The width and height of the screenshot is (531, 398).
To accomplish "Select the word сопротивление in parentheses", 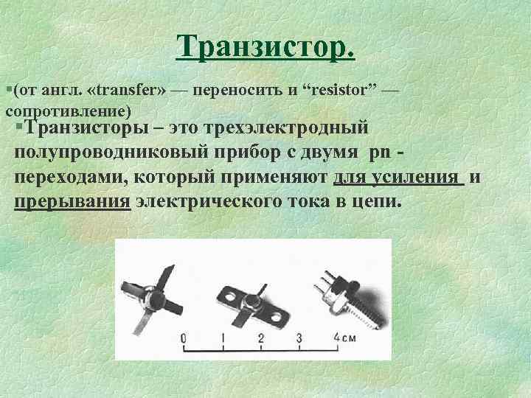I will (68, 111).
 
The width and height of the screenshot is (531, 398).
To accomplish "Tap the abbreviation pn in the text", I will (380, 153).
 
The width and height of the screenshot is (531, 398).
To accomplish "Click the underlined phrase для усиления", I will (398, 178).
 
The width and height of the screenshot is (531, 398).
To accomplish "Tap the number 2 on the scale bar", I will (260, 338).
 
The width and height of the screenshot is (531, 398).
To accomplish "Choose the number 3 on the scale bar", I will (299, 338).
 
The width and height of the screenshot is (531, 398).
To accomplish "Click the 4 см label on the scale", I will (344, 338).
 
